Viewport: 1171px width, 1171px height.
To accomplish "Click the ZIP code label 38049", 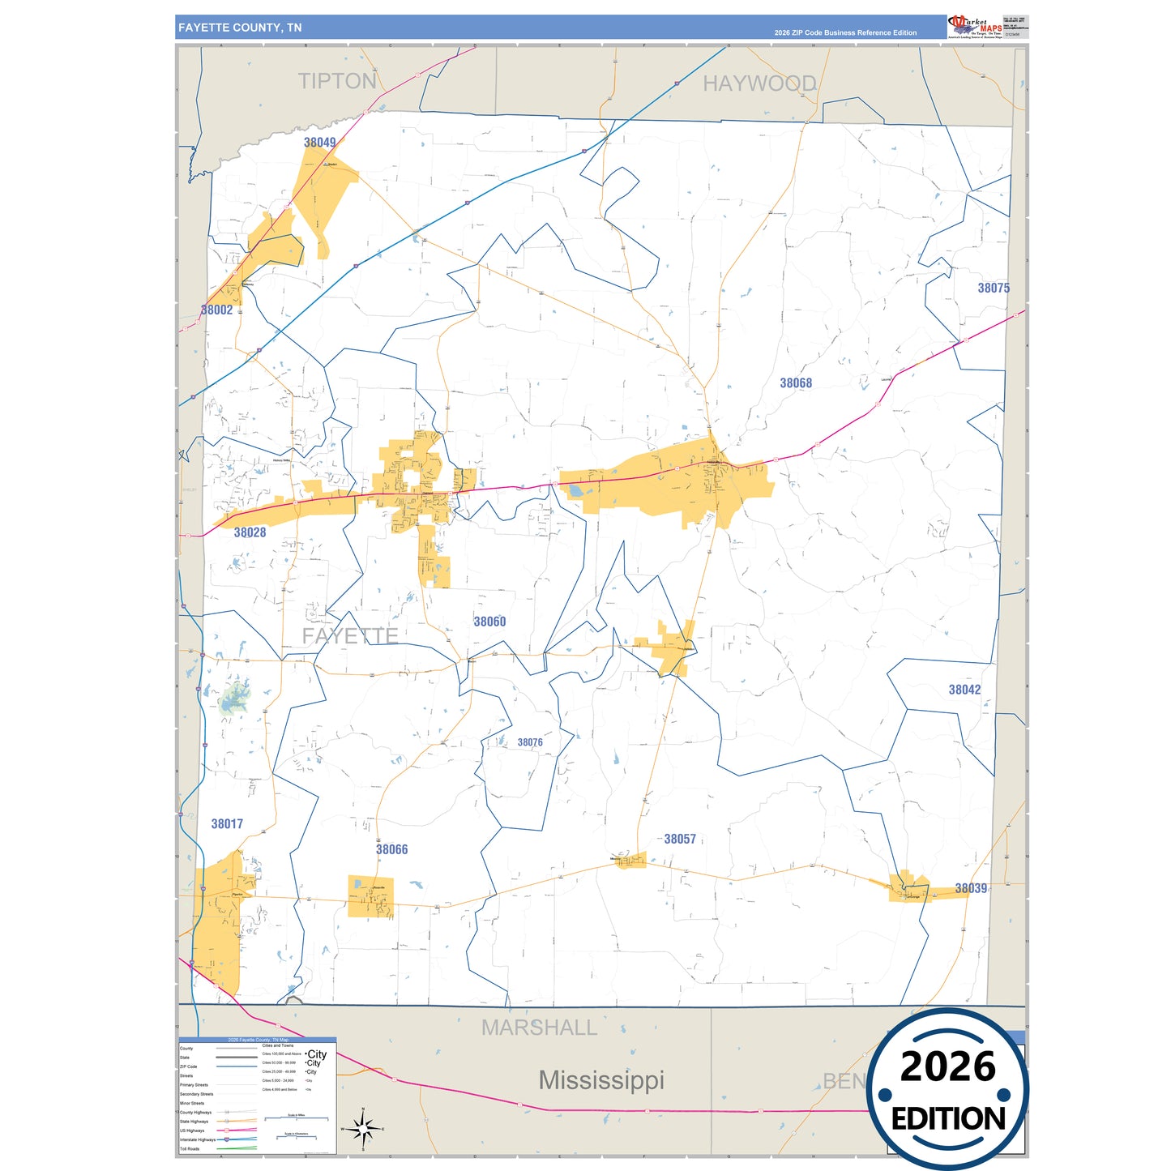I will pos(319,143).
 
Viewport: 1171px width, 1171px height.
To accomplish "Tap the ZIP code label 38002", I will pos(217,310).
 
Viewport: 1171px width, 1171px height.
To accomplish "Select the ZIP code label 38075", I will pos(993,288).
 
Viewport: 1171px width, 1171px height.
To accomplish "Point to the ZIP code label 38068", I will pos(795,383).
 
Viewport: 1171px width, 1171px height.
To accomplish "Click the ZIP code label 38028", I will pos(250,532).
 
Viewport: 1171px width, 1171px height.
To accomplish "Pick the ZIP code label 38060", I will pos(489,622).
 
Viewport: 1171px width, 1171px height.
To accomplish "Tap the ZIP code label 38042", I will pos(964,690).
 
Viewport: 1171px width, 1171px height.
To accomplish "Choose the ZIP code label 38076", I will pos(530,742).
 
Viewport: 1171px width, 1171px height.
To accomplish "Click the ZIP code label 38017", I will pos(227,823).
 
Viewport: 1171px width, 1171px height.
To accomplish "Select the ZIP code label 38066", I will pos(391,849).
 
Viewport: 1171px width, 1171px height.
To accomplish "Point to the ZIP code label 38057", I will pos(680,839).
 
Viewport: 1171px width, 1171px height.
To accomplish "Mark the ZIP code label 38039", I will pos(971,888).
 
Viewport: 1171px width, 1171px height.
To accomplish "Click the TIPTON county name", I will pos(337,81).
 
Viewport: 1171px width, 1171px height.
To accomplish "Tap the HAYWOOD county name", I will pos(759,83).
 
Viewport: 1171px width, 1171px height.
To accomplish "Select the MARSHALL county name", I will pos(539,1028).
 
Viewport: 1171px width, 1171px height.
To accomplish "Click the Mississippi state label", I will pos(601,1080).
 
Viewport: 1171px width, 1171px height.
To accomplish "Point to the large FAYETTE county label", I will pos(350,636).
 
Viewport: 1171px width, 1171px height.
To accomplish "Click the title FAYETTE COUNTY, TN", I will pos(240,28).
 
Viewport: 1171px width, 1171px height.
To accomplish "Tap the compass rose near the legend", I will pos(363,1128).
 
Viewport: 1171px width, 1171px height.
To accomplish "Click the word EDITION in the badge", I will pos(948,1119).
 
